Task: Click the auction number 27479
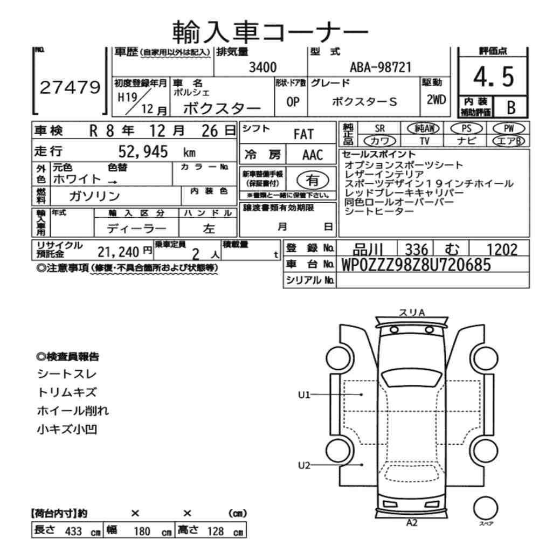(70, 87)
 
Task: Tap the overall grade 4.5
(493, 78)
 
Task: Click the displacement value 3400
(262, 67)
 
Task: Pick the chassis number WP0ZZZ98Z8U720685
(416, 265)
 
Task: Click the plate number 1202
(501, 249)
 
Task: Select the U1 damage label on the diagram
(305, 395)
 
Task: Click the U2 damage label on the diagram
(305, 465)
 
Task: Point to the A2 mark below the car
(412, 522)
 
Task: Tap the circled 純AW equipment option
(425, 128)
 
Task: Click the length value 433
(73, 531)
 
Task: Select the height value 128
(215, 531)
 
